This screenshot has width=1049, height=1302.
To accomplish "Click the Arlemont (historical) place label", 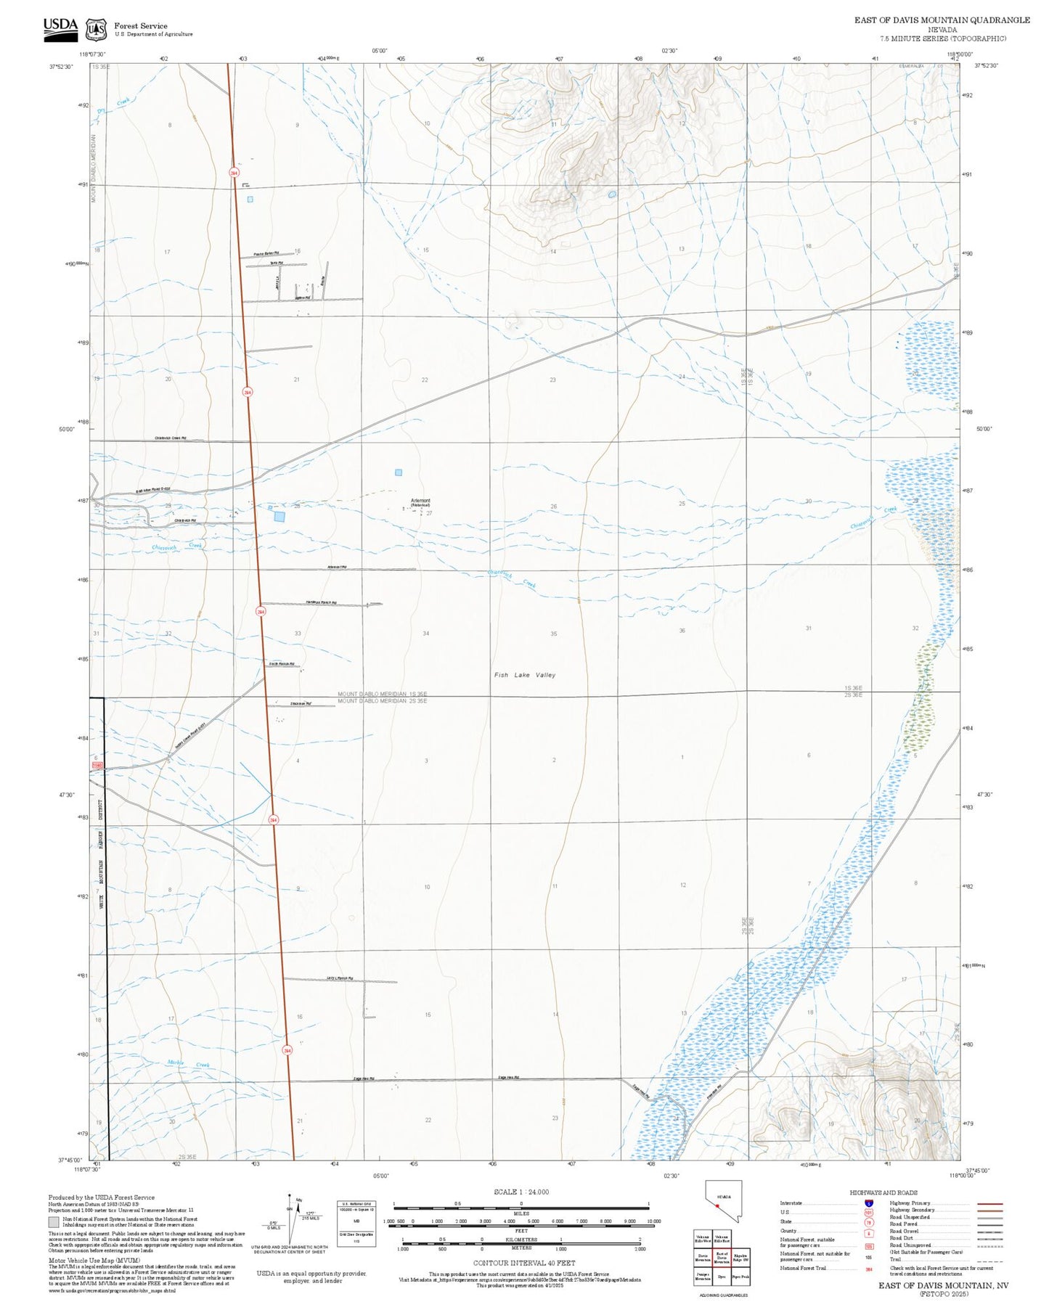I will click(420, 502).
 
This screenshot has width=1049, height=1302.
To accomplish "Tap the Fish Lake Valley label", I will click(524, 675).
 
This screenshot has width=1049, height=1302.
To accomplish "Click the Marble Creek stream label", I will click(188, 1063).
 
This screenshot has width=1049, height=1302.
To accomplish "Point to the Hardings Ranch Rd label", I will click(321, 602).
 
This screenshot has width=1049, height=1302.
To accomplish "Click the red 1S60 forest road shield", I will click(97, 766).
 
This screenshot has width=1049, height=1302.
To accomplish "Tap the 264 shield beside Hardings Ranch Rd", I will click(261, 612).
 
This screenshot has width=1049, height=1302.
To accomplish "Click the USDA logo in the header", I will click(60, 28).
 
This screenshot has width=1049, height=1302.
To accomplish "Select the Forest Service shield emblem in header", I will click(96, 30).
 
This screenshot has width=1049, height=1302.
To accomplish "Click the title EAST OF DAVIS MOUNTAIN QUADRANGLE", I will click(942, 20).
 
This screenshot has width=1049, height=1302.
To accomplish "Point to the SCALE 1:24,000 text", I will click(521, 1192).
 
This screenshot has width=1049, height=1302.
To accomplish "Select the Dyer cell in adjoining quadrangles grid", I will click(722, 1276).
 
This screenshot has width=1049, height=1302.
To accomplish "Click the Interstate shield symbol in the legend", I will click(868, 1203).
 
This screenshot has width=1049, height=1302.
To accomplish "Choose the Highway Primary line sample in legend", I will click(989, 1203).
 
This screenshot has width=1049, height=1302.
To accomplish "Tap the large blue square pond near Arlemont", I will click(279, 516).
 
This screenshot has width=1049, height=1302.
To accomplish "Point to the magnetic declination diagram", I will click(289, 1221).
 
